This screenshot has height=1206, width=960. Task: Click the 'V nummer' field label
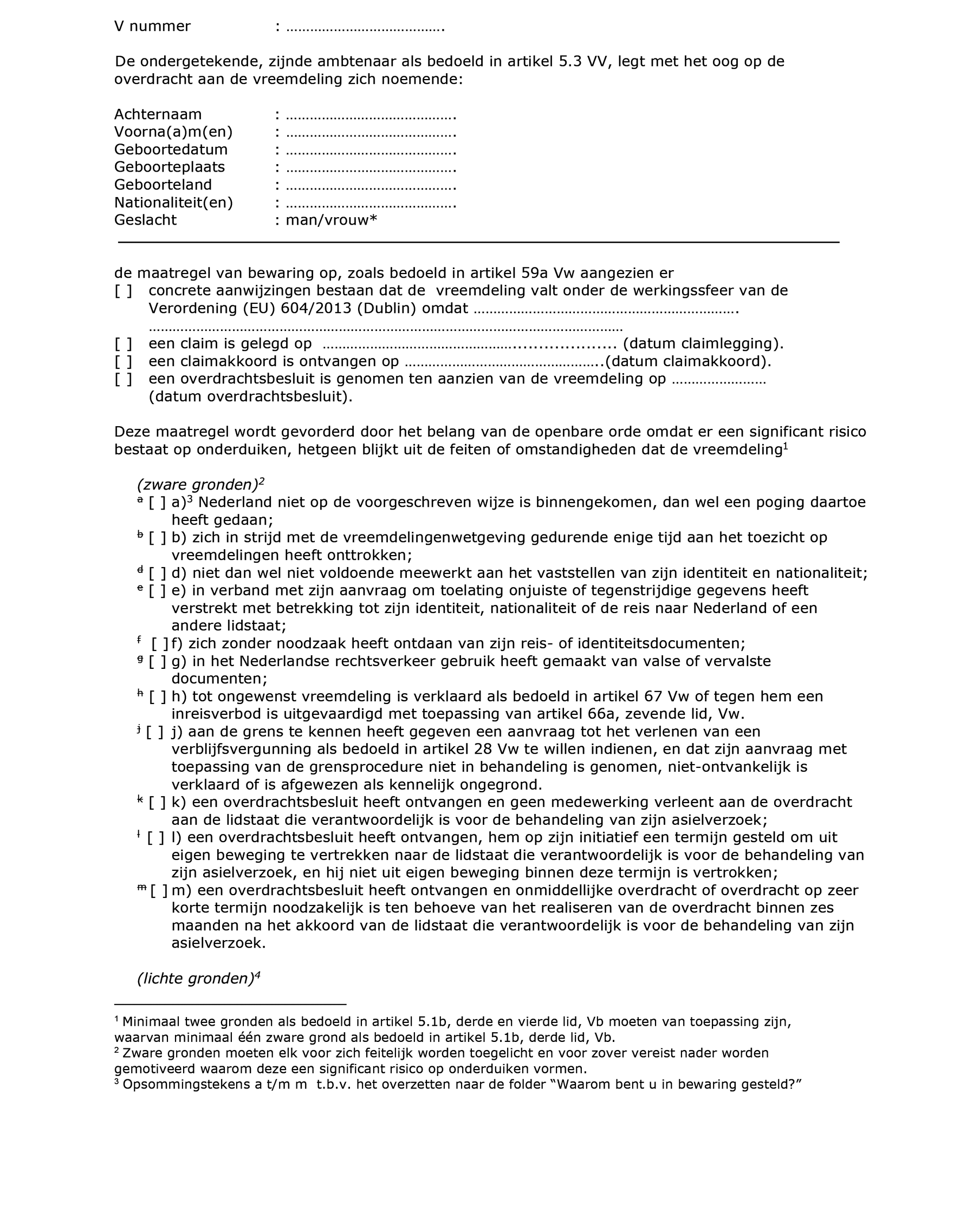point(152,27)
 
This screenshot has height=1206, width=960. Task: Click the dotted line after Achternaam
point(371,116)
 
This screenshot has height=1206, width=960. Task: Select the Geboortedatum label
point(171,150)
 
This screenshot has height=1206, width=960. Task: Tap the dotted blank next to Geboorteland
point(371,186)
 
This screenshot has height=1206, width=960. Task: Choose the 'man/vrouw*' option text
point(331,220)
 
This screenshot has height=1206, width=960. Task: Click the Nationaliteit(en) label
point(173,203)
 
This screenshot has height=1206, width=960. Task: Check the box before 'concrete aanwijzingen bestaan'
point(124,291)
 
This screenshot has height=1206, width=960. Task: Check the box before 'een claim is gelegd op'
point(124,343)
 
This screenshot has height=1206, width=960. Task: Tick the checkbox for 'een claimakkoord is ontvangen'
point(124,361)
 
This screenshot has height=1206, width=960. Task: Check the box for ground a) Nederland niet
point(157,503)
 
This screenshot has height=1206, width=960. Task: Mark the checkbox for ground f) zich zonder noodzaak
point(159,644)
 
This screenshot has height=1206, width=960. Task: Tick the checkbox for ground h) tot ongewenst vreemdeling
point(157,697)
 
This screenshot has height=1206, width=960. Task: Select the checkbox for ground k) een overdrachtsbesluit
point(157,803)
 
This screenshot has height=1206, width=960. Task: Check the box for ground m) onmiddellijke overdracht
point(159,891)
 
